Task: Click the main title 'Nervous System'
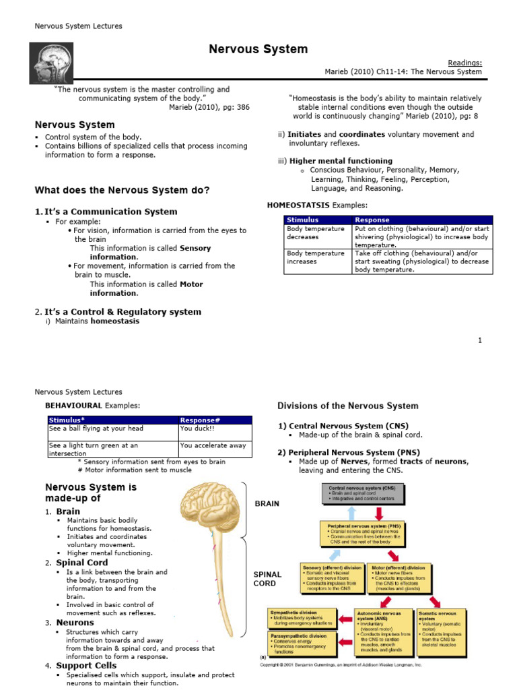258,49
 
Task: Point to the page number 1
480,340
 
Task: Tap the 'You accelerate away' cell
215,445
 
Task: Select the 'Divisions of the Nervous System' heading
348,406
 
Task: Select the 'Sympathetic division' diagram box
302,619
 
